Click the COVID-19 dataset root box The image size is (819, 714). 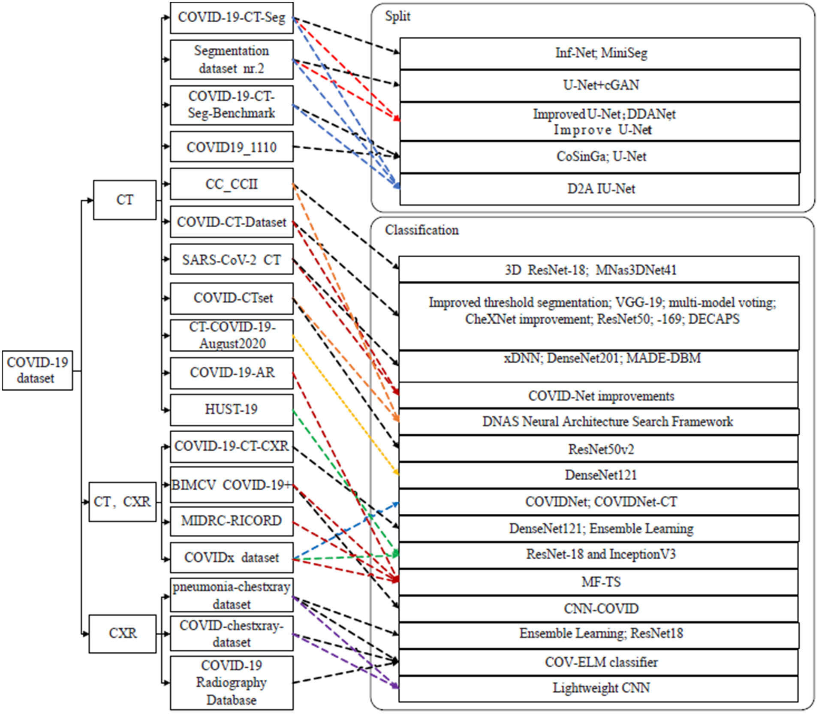pos(37,370)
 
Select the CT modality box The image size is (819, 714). pos(125,200)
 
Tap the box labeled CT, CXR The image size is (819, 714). pos(122,502)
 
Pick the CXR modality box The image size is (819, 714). pos(122,633)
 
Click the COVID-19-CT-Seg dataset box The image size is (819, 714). pos(232,18)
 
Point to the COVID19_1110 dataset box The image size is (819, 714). pos(232,147)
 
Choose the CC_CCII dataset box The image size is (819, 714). pos(232,184)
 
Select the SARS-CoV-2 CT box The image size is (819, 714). pos(232,259)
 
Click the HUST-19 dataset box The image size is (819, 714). pos(232,410)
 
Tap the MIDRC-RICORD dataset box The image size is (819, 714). pos(232,521)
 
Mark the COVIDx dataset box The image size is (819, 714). pos(232,557)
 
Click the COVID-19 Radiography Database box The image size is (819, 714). pos(232,683)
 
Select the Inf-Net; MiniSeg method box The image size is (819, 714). pos(600,53)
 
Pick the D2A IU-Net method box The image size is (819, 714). pos(600,189)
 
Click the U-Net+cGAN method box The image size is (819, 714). pos(600,85)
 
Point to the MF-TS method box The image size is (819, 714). pos(600,582)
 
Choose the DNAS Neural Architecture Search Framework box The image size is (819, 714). pos(600,422)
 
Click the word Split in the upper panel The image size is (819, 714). pos(397,16)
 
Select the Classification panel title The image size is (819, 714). pos(422,230)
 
